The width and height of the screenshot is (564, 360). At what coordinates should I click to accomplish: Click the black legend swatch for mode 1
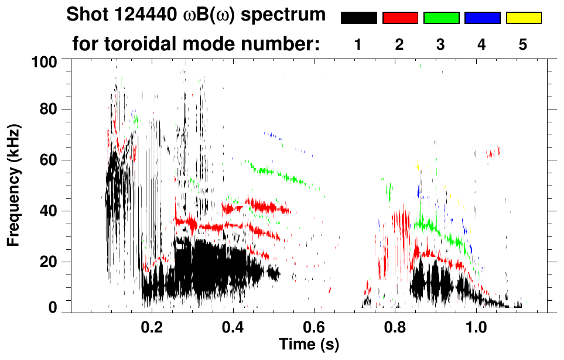358,18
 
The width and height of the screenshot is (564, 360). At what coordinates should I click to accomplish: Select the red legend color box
400,18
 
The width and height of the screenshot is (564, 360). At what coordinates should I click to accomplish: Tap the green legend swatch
441,18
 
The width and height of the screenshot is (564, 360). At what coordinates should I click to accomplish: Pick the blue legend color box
482,18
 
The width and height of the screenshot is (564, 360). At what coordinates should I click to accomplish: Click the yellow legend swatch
524,18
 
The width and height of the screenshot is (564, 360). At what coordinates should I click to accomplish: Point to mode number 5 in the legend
523,44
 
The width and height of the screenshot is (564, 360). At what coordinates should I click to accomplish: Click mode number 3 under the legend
440,44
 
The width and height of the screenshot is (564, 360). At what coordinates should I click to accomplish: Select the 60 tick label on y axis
49,160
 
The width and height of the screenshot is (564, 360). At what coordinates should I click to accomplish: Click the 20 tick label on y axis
49,262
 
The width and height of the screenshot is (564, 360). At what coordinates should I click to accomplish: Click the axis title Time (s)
309,344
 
